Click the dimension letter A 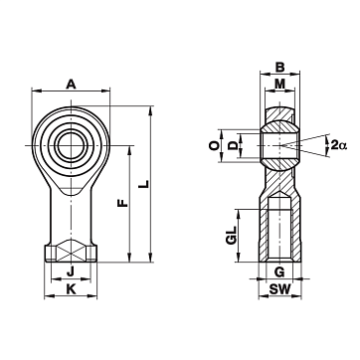pyautogui.click(x=71, y=85)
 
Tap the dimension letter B pyautogui.click(x=280, y=68)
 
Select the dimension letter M pyautogui.click(x=280, y=85)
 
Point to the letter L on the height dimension pyautogui.click(x=143, y=184)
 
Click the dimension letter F pyautogui.click(x=123, y=203)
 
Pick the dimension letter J pyautogui.click(x=71, y=272)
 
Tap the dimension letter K pyautogui.click(x=71, y=289)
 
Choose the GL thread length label pyautogui.click(x=231, y=236)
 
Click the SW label pyautogui.click(x=279, y=289)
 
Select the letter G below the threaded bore pyautogui.click(x=280, y=272)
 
